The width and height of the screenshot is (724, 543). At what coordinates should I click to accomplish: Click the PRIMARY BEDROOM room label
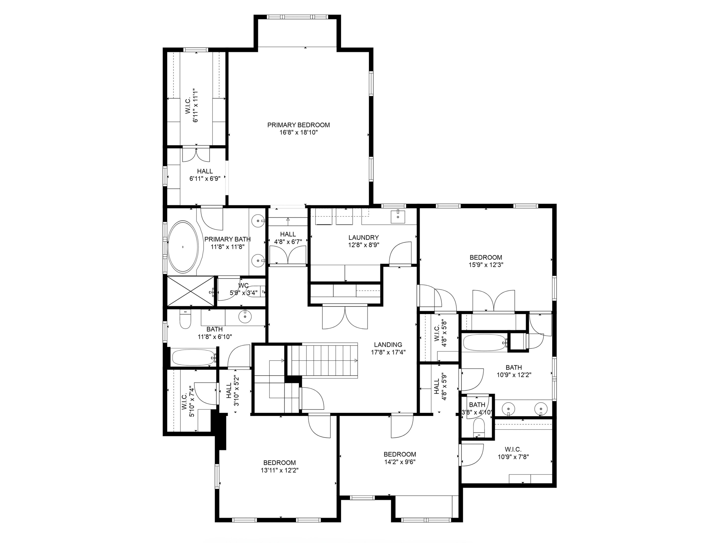point(298,125)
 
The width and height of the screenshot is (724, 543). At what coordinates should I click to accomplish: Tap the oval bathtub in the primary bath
point(183,247)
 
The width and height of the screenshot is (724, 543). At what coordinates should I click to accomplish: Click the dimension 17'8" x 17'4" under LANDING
point(388,352)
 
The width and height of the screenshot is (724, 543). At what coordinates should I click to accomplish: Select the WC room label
point(244,285)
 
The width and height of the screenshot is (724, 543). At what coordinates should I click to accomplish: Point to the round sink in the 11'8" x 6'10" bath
point(244,316)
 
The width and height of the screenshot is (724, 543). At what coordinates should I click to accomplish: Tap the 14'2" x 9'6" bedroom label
point(400,454)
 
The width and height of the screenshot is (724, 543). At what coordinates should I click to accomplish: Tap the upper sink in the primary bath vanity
point(259,221)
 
